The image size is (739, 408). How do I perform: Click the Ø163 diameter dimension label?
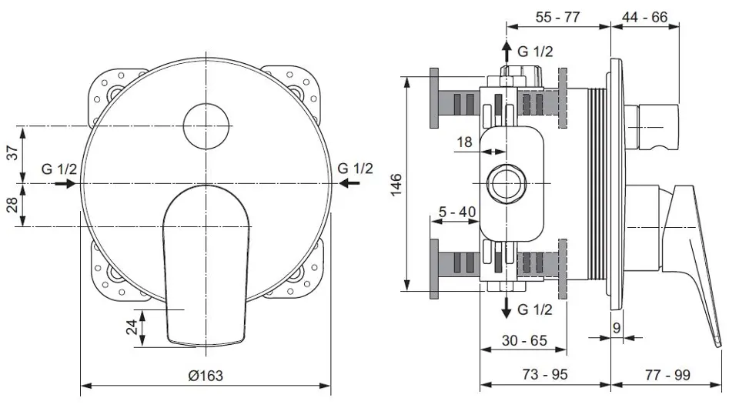click(x=206, y=376)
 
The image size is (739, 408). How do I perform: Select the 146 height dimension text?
click(x=396, y=184)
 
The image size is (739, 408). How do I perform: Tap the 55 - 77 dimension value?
click(x=557, y=18)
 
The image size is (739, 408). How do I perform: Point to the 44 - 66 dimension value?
click(x=645, y=18)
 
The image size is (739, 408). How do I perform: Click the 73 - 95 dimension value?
click(x=545, y=375)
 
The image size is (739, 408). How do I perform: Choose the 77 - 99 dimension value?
click(x=668, y=375)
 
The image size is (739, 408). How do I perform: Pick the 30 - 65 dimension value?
click(x=524, y=340)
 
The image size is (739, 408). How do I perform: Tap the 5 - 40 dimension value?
click(x=457, y=212)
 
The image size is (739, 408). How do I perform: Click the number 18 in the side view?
click(x=464, y=142)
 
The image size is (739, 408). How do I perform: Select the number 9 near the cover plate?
click(x=617, y=327)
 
